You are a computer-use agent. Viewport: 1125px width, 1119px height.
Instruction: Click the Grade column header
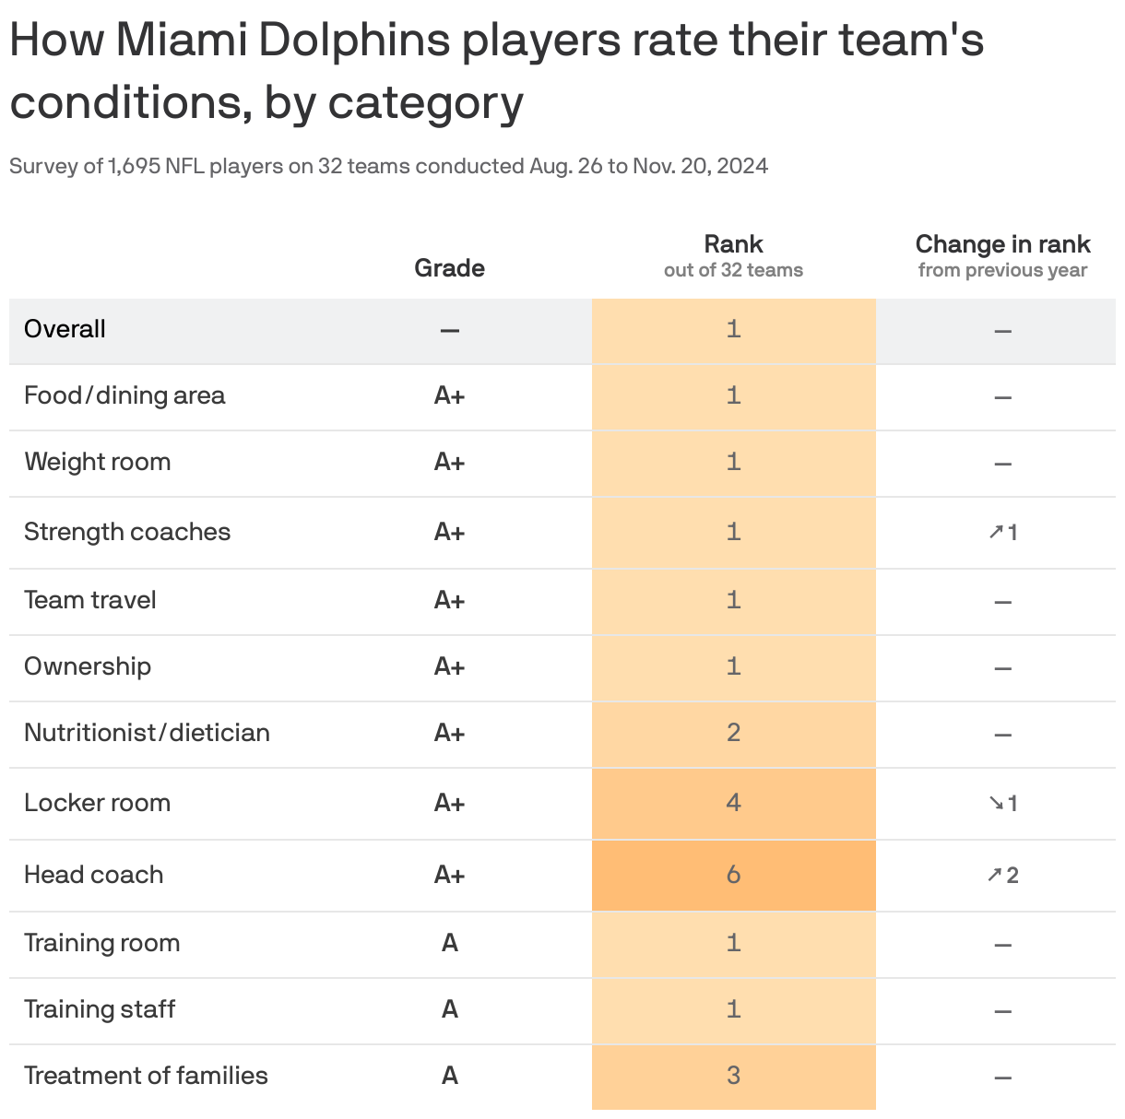pyautogui.click(x=449, y=267)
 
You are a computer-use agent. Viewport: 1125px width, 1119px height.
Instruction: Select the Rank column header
pyautogui.click(x=733, y=244)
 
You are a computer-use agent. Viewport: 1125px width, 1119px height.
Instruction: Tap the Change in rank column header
pyautogui.click(x=1002, y=244)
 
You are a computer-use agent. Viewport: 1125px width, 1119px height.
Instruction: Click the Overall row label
pyautogui.click(x=65, y=329)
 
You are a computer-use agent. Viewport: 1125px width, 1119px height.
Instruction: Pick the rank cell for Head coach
pyautogui.click(x=733, y=875)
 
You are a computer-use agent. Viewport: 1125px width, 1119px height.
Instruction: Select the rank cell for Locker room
pyautogui.click(x=733, y=803)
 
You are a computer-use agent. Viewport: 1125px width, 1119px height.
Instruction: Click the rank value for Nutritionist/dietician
pyautogui.click(x=733, y=733)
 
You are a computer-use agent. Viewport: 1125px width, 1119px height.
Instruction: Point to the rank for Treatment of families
pyautogui.click(x=733, y=1076)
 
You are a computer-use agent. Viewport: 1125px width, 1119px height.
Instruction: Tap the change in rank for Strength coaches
pyautogui.click(x=1002, y=533)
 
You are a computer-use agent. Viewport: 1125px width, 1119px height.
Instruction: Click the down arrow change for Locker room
pyautogui.click(x=1002, y=804)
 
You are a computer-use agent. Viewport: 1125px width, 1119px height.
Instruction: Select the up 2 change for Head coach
pyautogui.click(x=1002, y=876)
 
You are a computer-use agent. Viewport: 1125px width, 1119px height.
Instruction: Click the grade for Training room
pyautogui.click(x=449, y=943)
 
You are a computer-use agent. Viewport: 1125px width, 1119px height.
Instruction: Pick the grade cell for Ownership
pyautogui.click(x=449, y=666)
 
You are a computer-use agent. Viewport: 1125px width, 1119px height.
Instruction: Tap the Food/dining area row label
pyautogui.click(x=124, y=395)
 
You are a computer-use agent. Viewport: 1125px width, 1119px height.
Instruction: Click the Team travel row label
pyautogui.click(x=90, y=600)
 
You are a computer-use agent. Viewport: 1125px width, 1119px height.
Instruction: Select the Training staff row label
pyautogui.click(x=100, y=1009)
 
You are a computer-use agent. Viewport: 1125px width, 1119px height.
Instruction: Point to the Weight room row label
pyautogui.click(x=98, y=462)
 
